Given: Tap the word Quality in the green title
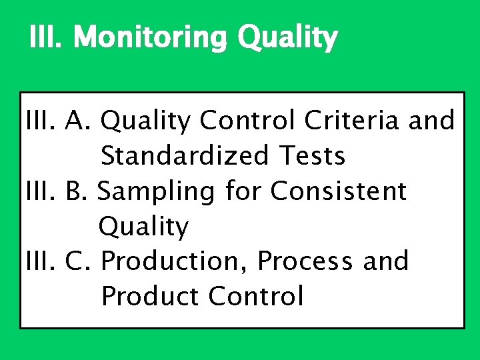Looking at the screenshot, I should point(287,39).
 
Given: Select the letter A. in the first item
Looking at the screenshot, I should point(82,121).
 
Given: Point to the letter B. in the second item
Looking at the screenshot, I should point(81,191).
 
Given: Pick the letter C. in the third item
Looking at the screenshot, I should point(82,261).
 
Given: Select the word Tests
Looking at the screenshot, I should point(312,156).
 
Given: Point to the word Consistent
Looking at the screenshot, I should point(338,191).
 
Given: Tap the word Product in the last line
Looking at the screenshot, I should point(150,296).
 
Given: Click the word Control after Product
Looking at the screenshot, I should point(256,296).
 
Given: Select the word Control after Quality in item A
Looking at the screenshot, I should point(247,121).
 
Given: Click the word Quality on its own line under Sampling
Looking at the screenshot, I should point(143,227).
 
